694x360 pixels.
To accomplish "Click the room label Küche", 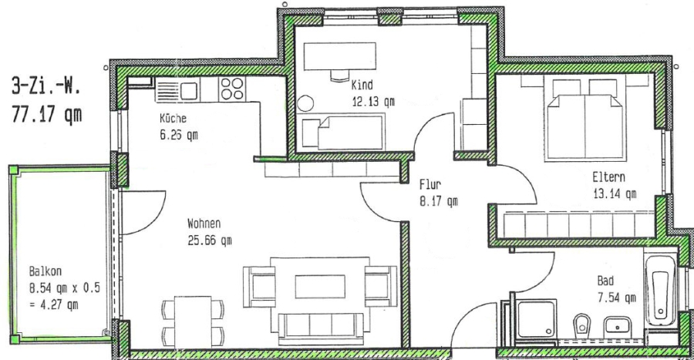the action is [173, 119].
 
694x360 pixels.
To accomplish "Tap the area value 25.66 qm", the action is [209, 241].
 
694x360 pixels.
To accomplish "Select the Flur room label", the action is [430, 184].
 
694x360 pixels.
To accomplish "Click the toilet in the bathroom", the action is [581, 325].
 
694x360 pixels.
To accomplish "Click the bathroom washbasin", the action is [618, 325].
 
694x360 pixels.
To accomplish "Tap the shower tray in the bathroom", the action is [537, 318].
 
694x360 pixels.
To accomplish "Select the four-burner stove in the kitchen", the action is [232, 89].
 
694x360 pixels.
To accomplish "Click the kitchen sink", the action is [177, 91].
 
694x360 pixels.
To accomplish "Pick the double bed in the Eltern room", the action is [585, 120].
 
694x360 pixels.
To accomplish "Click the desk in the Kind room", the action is [340, 56].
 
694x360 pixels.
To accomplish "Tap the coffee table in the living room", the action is [320, 286].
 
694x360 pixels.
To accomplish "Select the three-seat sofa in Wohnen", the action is [321, 328].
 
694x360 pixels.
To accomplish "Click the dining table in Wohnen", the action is [193, 322].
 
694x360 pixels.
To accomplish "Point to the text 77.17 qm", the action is [46, 114].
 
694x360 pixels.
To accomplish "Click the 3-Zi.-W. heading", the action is [45, 86].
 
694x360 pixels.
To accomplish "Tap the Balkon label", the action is [45, 271].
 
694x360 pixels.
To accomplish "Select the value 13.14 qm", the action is [615, 194].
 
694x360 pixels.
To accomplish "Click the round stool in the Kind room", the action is [305, 103].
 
